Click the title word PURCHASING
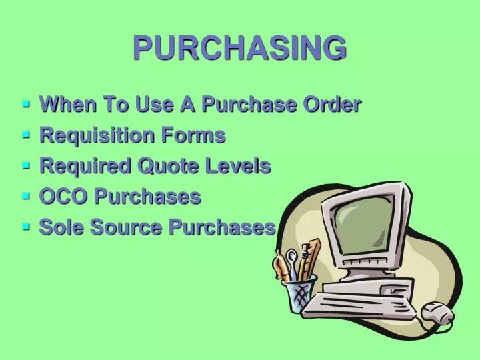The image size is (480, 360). click(x=240, y=48)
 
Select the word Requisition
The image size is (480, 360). click(x=97, y=135)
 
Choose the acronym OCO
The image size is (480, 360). click(x=63, y=196)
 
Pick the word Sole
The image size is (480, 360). click(x=62, y=227)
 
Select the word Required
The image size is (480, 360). click(x=86, y=166)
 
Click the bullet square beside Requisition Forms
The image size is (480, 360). click(x=27, y=135)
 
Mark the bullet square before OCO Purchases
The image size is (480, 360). click(x=27, y=196)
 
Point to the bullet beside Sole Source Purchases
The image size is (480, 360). click(x=27, y=227)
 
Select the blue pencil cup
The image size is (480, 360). click(x=298, y=293)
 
